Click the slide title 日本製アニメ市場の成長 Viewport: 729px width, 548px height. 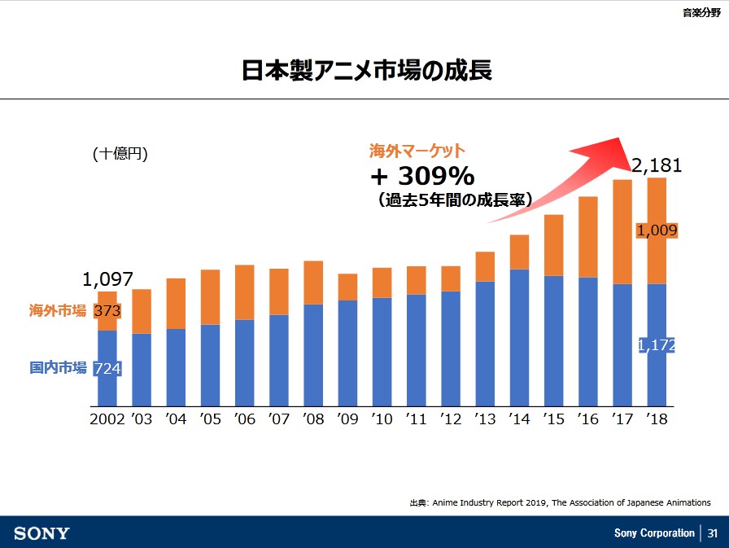click(x=366, y=70)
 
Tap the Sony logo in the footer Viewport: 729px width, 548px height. click(x=42, y=533)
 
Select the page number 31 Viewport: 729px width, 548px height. click(x=712, y=533)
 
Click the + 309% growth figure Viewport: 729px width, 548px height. click(x=422, y=175)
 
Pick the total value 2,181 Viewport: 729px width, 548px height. click(x=657, y=166)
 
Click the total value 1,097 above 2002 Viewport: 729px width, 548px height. click(x=107, y=279)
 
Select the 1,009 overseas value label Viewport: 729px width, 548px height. click(x=657, y=230)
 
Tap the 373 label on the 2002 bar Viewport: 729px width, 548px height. click(x=107, y=310)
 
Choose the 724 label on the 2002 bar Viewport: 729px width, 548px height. click(x=107, y=369)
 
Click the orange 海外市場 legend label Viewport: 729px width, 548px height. click(x=58, y=310)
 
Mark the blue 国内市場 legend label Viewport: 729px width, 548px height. click(x=58, y=368)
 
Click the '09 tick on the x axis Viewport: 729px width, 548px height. click(x=347, y=419)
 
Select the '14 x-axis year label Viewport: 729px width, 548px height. click(x=519, y=419)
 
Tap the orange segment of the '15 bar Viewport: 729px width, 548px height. click(x=553, y=245)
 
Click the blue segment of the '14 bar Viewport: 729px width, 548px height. click(x=519, y=337)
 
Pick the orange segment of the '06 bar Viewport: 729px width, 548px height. click(x=245, y=292)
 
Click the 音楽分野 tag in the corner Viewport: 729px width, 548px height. click(x=701, y=12)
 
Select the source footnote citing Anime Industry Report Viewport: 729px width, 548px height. click(x=560, y=502)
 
